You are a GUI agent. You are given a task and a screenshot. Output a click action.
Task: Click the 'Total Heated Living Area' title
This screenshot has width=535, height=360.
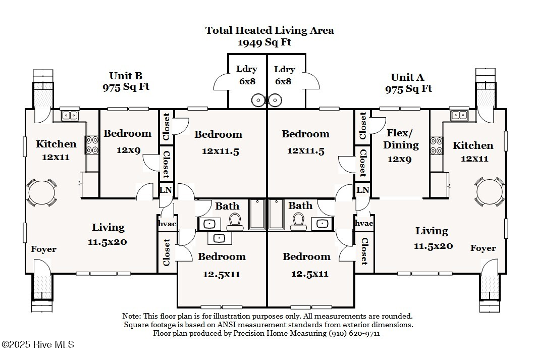pos(269,30)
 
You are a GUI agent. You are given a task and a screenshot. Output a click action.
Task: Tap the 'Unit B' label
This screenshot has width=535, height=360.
pos(126,76)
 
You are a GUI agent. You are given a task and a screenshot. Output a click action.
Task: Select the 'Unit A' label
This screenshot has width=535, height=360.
pos(407,77)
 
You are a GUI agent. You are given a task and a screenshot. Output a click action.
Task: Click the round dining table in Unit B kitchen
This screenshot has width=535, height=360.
pos(39,192)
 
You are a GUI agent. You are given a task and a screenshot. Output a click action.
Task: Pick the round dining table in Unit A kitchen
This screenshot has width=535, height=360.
pos(490,192)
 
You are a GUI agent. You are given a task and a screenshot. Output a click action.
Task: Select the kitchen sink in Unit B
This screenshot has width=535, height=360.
pos(70,116)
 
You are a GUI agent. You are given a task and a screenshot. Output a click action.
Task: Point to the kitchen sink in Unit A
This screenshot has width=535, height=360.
pos(459,115)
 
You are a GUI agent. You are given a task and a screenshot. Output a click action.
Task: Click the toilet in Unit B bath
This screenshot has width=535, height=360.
pos(235,221)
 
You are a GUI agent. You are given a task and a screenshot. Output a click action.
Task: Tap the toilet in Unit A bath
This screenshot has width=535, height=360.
pos(298,221)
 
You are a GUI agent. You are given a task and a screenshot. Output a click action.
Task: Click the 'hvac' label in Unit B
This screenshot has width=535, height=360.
pos(166,223)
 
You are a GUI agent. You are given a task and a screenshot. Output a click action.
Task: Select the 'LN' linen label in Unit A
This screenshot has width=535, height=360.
pos(362,190)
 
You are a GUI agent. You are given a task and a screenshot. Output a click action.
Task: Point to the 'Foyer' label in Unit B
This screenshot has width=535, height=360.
pos(43,249)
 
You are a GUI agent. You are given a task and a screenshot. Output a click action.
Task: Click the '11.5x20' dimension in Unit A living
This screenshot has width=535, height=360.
pos(433,246)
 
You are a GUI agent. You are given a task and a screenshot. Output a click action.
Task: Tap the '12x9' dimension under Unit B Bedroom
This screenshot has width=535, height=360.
pos(129,150)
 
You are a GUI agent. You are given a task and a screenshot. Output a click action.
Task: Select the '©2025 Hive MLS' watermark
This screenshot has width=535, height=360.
pos(38,345)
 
